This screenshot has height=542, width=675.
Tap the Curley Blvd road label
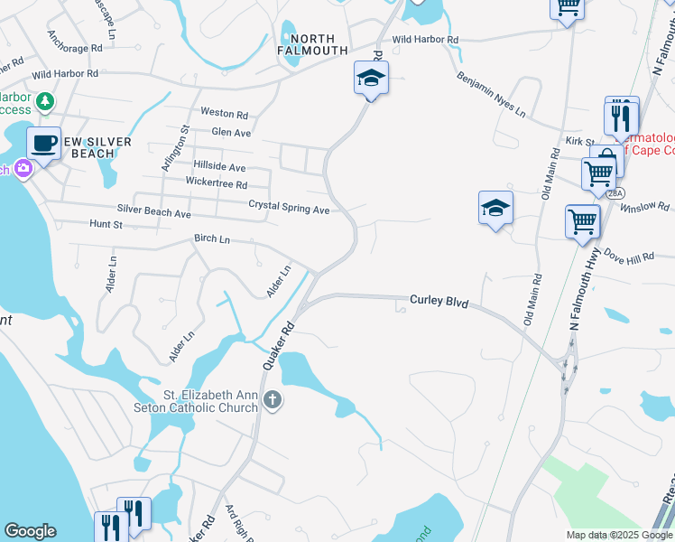[439, 302]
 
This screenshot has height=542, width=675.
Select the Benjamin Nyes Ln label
[491, 96]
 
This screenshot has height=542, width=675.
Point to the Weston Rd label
[224, 114]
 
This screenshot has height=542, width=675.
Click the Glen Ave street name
[230, 132]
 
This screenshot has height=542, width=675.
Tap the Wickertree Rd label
[216, 184]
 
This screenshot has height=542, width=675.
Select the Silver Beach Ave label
[153, 214]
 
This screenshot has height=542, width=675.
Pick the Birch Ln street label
[212, 239]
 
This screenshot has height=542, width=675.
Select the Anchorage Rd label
[77, 48]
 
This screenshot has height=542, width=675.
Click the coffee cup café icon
[43, 143]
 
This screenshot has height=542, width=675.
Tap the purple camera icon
[23, 168]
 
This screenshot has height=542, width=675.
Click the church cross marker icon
[273, 398]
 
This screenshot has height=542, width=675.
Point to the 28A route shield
[615, 193]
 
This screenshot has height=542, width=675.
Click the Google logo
[30, 531]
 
